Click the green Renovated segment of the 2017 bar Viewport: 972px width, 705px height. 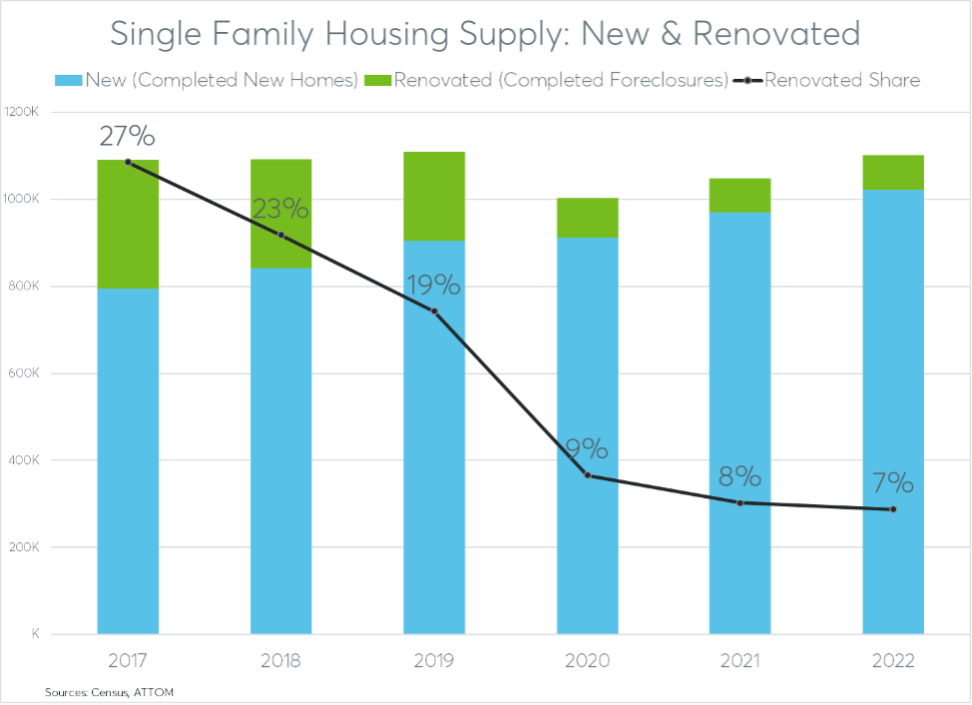click(x=128, y=224)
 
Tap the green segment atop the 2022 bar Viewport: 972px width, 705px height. click(x=893, y=172)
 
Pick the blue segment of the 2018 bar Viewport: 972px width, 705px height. click(x=281, y=449)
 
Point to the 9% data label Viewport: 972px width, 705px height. click(x=588, y=448)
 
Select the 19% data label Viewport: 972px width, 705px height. click(x=434, y=286)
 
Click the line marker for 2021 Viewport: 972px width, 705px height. click(x=740, y=502)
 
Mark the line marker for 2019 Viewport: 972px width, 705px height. click(x=434, y=312)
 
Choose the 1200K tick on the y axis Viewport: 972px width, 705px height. click(x=21, y=112)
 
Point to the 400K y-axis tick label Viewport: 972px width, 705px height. click(x=22, y=460)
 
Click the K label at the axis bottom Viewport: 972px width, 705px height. click(x=34, y=634)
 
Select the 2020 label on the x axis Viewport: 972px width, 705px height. click(x=588, y=661)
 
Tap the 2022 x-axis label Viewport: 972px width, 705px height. click(x=893, y=661)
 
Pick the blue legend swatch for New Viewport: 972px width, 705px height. click(x=67, y=80)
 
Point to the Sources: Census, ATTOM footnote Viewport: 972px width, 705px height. click(x=102, y=691)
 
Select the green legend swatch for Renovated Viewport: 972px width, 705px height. click(x=379, y=80)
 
